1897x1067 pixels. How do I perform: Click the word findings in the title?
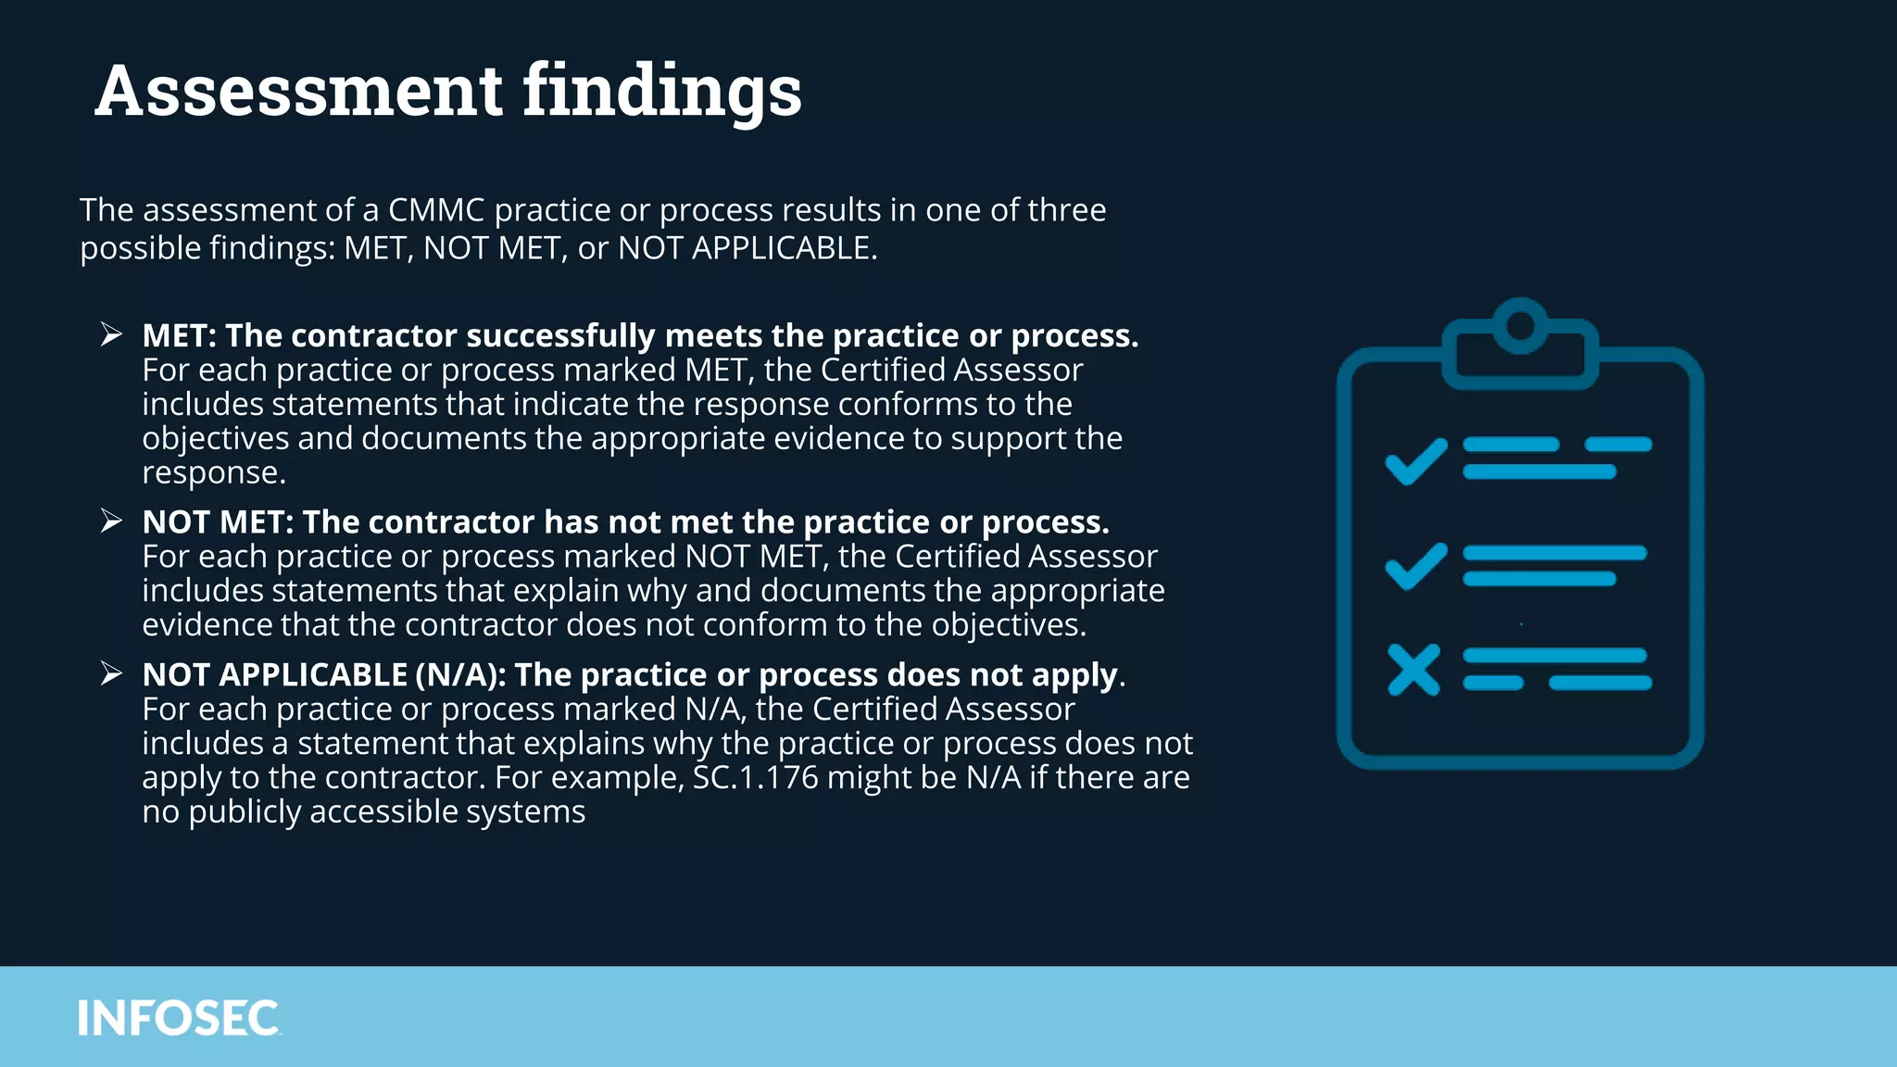pos(662,92)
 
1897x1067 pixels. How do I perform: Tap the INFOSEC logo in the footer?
pos(178,1018)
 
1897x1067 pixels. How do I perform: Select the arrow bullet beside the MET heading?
pos(111,334)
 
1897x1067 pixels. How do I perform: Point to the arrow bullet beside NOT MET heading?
pos(111,521)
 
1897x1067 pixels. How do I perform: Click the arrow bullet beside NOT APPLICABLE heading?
pos(111,673)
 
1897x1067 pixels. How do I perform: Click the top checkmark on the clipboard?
pos(1415,460)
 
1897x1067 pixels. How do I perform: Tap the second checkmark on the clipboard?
pos(1415,565)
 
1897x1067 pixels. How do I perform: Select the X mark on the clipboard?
pos(1413,670)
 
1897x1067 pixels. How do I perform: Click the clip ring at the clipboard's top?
pos(1520,326)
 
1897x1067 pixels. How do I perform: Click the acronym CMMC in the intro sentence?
pos(436,210)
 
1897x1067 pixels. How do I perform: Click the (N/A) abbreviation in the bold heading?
pos(460,674)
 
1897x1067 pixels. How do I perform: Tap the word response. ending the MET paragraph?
pos(214,472)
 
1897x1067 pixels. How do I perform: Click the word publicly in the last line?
pos(245,811)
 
